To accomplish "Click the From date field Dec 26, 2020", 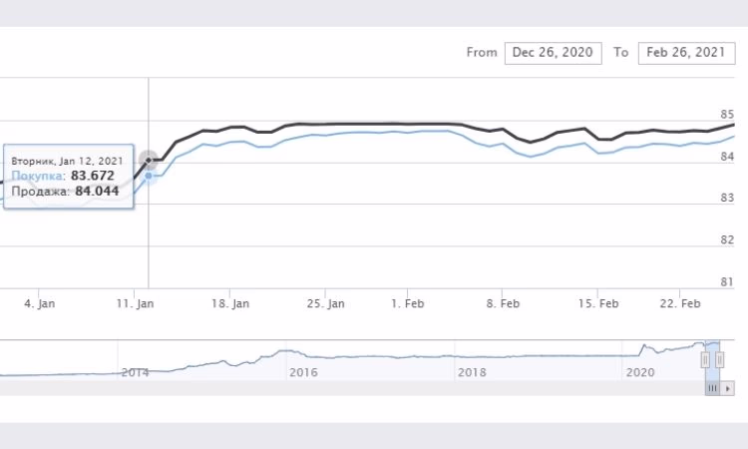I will click(x=553, y=53).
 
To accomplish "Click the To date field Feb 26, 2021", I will click(x=683, y=53).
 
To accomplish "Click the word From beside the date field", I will click(x=481, y=53).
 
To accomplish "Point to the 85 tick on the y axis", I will click(x=726, y=114).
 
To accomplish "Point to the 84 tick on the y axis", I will click(x=726, y=157).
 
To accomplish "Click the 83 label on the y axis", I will click(x=726, y=199).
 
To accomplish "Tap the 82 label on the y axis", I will click(x=726, y=240).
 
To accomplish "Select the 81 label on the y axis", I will click(x=726, y=282).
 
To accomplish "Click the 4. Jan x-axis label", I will click(x=39, y=302).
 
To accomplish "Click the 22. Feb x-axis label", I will click(x=681, y=302).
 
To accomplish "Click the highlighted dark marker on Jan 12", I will click(x=149, y=160).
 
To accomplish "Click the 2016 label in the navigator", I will click(x=302, y=371).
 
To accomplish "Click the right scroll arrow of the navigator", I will click(x=728, y=387).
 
